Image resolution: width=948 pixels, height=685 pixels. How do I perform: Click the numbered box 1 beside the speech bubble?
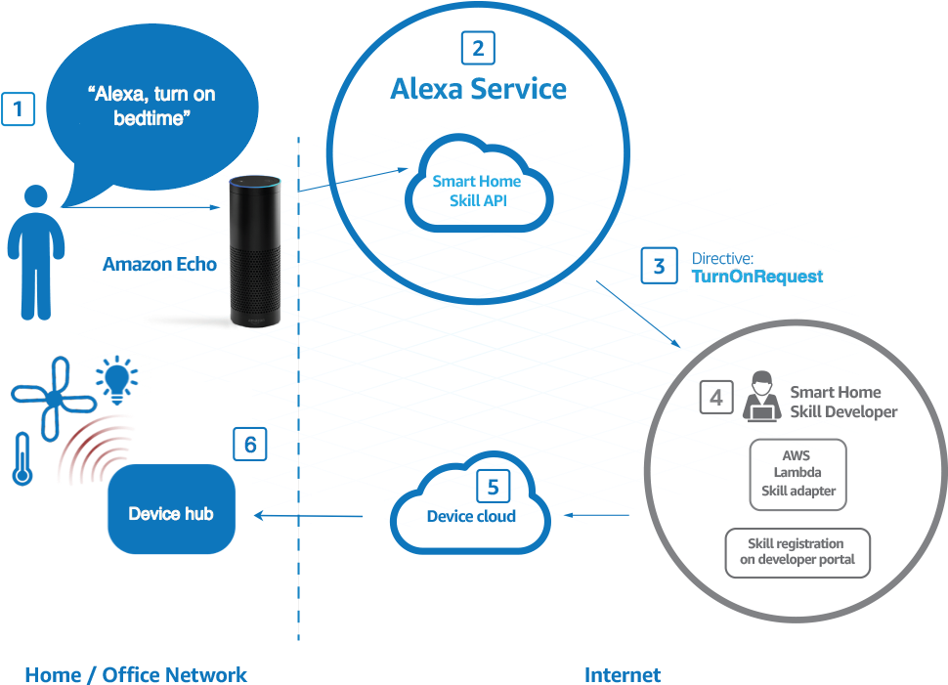click(19, 108)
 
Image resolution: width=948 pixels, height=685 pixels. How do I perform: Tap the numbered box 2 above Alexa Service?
click(477, 48)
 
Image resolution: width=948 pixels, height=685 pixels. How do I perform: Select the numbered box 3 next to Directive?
click(659, 266)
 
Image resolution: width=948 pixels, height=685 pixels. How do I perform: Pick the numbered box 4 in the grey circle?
click(715, 397)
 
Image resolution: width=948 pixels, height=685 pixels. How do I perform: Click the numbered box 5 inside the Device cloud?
click(494, 487)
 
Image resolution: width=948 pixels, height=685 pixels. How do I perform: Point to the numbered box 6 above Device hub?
click(250, 445)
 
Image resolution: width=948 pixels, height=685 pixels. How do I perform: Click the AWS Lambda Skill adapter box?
click(797, 474)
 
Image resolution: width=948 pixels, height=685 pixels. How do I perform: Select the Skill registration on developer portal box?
click(797, 552)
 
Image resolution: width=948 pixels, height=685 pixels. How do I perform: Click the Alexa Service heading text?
click(478, 89)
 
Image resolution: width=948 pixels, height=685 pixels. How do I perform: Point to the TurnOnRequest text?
click(757, 277)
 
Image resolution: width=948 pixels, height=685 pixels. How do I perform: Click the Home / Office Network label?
click(136, 674)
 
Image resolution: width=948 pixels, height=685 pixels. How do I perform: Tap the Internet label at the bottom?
click(623, 674)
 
